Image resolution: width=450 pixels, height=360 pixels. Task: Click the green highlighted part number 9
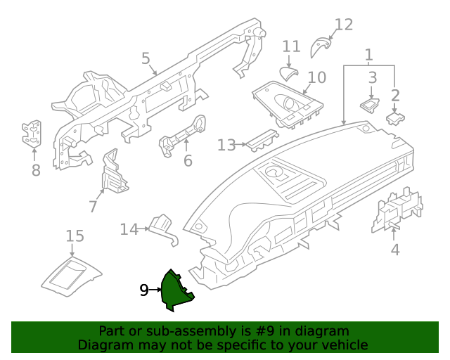tap(174, 290)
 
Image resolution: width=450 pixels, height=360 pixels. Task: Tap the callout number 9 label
tap(143, 290)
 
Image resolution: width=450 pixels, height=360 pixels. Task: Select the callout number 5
tap(146, 58)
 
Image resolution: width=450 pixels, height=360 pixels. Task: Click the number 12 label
tap(342, 25)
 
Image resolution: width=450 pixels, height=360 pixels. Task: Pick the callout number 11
tap(291, 47)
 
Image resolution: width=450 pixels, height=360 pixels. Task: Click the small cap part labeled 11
tap(288, 74)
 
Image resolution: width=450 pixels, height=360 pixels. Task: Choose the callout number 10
tap(317, 77)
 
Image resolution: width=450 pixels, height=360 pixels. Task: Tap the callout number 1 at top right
tap(368, 54)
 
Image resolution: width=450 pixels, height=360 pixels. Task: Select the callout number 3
tap(373, 77)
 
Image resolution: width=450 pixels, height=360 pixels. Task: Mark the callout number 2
tap(395, 95)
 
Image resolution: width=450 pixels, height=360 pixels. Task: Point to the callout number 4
tap(394, 249)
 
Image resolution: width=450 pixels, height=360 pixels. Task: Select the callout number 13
tap(226, 145)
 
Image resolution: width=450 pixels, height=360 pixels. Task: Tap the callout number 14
tap(129, 229)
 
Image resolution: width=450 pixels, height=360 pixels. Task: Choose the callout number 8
tap(36, 169)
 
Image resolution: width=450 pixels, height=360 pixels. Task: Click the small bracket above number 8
tap(32, 134)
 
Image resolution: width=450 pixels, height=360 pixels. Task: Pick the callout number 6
tap(188, 161)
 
